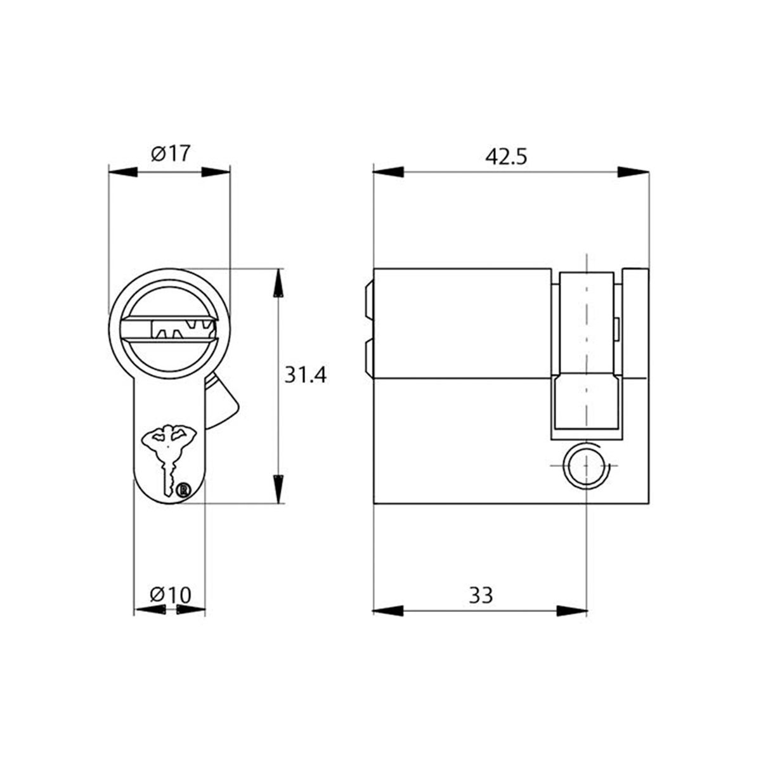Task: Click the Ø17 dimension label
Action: click(170, 153)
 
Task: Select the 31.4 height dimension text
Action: click(304, 375)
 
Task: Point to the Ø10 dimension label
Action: click(170, 595)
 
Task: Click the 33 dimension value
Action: click(481, 595)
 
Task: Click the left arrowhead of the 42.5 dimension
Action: click(389, 172)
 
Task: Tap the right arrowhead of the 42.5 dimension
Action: click(632, 172)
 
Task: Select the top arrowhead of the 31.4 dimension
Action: click(278, 284)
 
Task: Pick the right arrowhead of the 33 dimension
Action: click(571, 611)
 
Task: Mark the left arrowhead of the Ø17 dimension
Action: click(124, 172)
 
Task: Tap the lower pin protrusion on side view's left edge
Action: click(367, 358)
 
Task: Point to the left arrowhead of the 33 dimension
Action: click(389, 611)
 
